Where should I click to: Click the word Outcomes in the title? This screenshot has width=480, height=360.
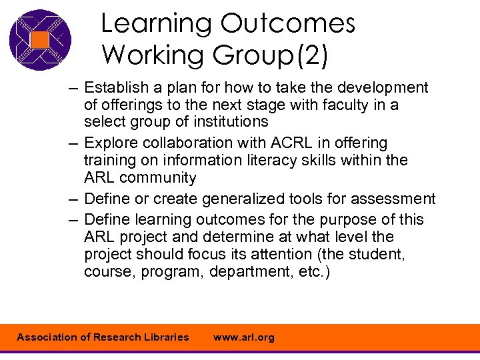[x=288, y=23]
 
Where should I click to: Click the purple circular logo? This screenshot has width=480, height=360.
[x=40, y=40]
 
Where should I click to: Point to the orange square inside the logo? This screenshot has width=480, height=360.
[x=40, y=40]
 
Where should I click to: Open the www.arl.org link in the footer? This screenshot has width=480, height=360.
[x=243, y=337]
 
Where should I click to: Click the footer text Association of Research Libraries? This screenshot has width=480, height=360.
[x=103, y=337]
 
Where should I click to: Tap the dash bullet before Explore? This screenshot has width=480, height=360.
[x=72, y=143]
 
